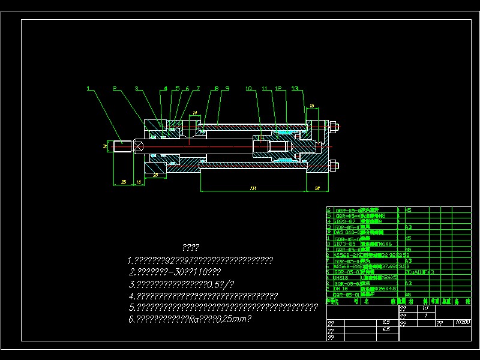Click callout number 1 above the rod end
[x=88, y=89]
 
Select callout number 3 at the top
[x=136, y=89]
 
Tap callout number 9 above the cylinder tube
[x=227, y=89]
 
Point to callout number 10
[x=248, y=89]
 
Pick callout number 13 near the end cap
[x=294, y=89]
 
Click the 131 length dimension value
[x=253, y=188]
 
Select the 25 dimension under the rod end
[x=124, y=181]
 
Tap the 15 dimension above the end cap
[x=311, y=106]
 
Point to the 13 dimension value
[x=138, y=181]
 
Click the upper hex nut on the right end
[x=334, y=127]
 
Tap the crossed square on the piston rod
[x=137, y=145]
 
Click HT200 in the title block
[x=462, y=322]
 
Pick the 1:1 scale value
[x=425, y=308]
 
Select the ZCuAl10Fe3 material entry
[x=420, y=272]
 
